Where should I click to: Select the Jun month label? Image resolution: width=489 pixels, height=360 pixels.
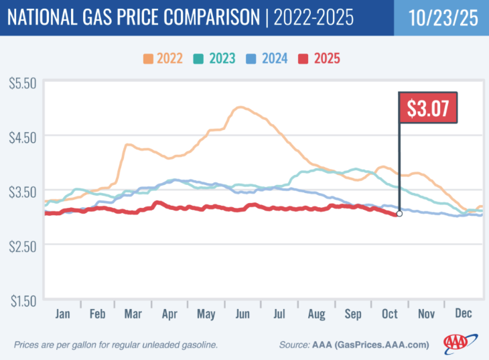[x=243, y=312]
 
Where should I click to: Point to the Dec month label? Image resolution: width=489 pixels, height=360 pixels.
[x=464, y=312]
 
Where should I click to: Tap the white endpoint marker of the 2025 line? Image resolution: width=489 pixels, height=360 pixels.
[x=399, y=214]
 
